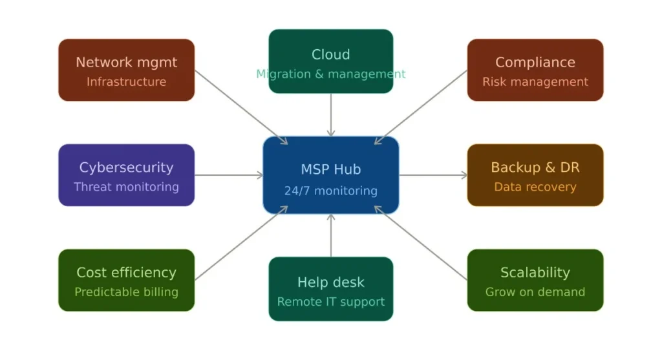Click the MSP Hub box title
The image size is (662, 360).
click(x=330, y=169)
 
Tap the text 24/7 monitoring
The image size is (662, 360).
click(x=330, y=191)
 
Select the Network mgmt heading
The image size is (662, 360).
click(x=126, y=63)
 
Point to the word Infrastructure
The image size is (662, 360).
click(x=126, y=82)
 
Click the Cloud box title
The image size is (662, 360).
click(x=330, y=54)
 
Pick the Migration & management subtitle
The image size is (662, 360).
click(x=330, y=74)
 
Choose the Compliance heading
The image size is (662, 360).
click(x=535, y=63)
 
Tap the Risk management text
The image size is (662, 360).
click(x=535, y=82)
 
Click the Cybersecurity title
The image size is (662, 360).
click(x=126, y=167)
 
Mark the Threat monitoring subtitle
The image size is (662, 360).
click(x=126, y=187)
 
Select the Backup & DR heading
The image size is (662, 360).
click(x=535, y=167)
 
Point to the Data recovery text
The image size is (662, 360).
click(x=535, y=187)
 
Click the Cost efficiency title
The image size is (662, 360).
click(x=126, y=273)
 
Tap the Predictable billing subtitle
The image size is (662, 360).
click(x=126, y=292)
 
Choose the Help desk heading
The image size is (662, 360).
click(x=330, y=282)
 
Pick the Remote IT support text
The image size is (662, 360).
click(x=330, y=302)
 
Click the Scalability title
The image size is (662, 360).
click(x=535, y=273)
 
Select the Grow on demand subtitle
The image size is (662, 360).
click(x=535, y=292)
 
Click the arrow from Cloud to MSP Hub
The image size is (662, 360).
click(x=331, y=114)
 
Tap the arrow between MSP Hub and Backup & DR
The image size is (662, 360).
click(x=432, y=175)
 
